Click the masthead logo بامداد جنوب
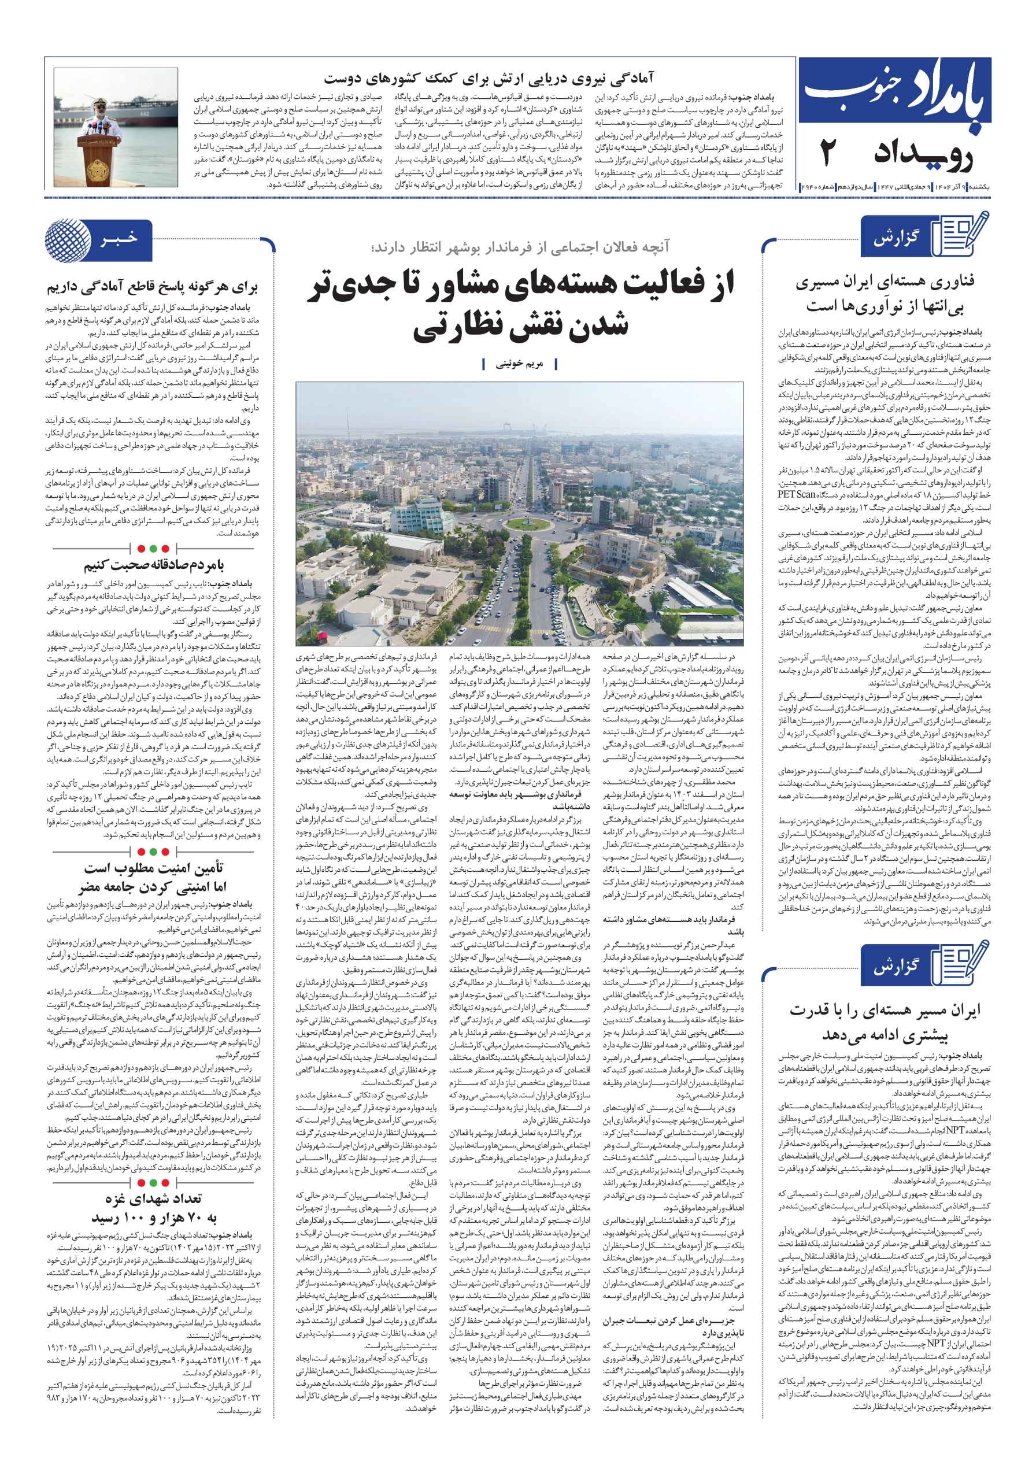[895, 97]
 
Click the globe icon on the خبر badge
[68, 240]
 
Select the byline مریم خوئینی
[519, 364]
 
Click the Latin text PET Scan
[796, 494]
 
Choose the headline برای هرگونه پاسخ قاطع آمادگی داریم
[152, 287]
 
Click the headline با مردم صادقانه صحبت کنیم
[153, 565]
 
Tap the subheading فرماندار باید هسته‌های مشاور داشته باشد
[673, 924]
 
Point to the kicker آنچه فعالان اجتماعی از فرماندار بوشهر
[520, 247]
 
